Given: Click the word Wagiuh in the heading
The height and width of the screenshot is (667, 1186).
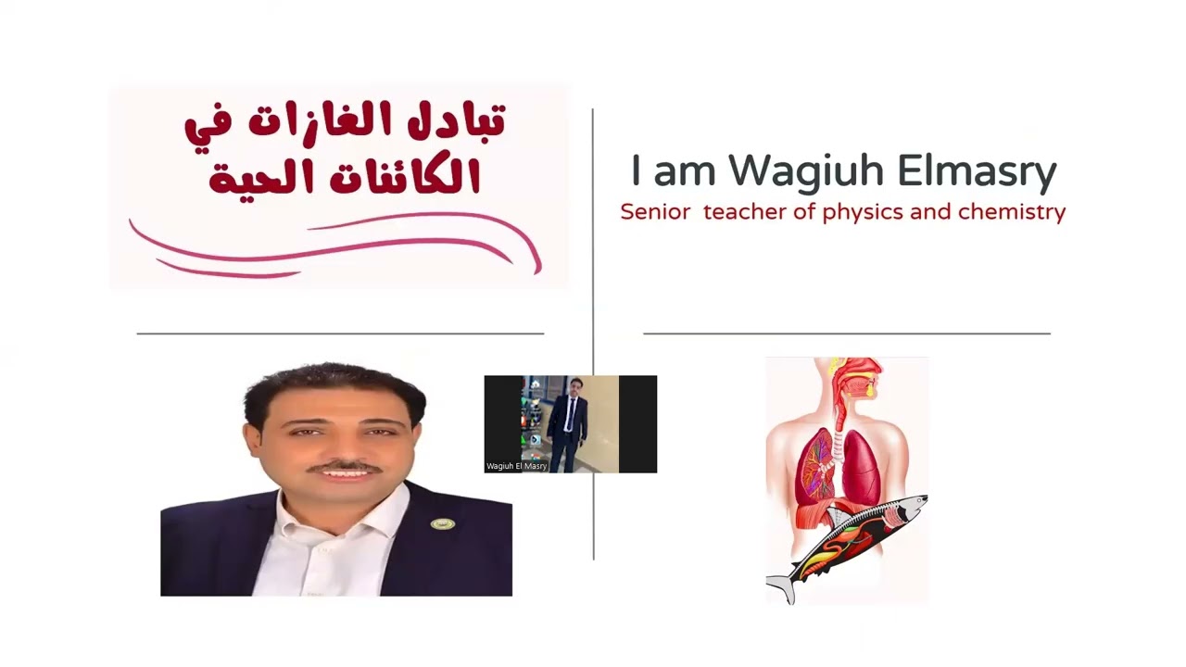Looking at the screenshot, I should (804, 171).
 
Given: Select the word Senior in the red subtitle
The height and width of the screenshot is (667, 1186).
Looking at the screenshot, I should (655, 212).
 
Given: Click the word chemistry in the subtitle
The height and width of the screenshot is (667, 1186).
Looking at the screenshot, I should (1012, 212).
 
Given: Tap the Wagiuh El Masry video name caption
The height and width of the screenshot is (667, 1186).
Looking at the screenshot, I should (516, 466).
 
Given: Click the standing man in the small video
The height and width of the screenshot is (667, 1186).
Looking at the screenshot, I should (567, 422).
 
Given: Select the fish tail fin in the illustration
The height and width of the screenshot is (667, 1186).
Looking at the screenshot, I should (780, 585).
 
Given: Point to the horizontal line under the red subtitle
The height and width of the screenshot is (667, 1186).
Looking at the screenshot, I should (846, 333).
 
